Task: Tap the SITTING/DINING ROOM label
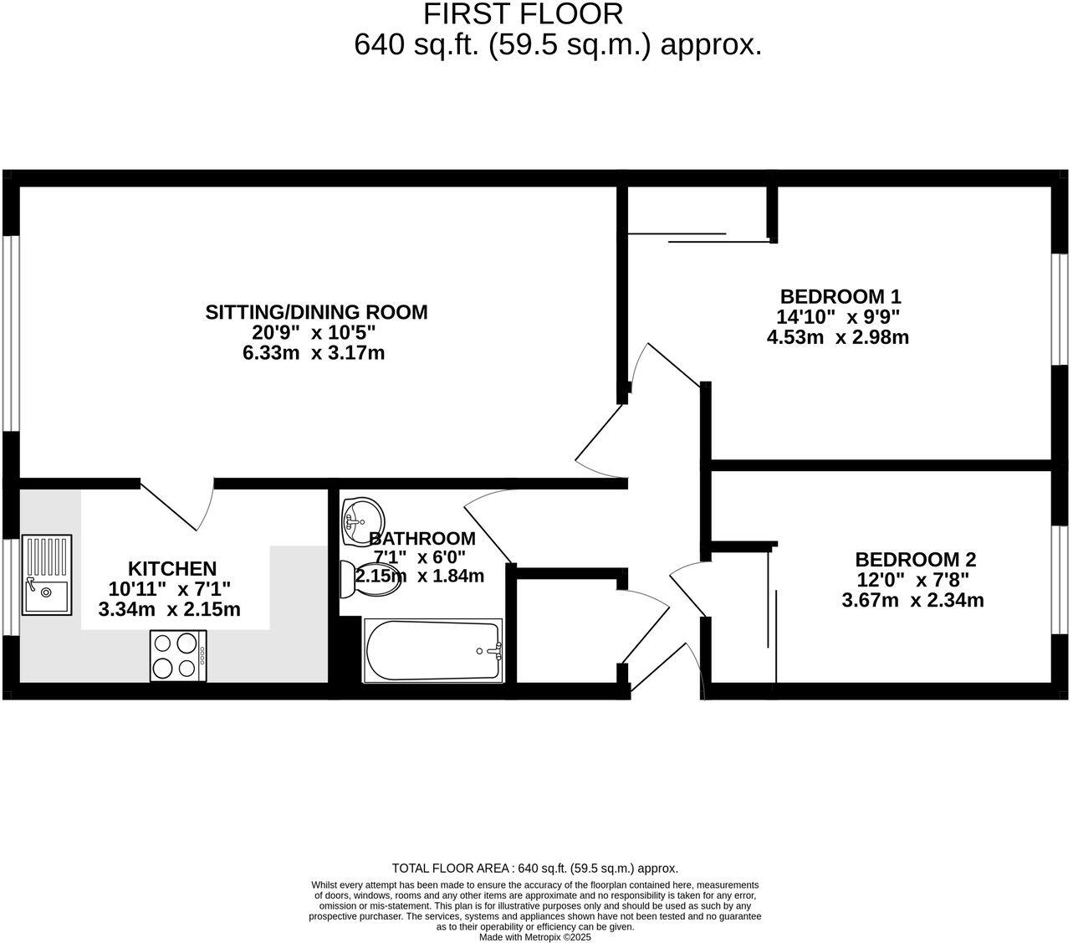[316, 312]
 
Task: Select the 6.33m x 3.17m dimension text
[314, 353]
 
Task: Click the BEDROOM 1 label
[840, 296]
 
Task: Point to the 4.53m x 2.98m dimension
[837, 338]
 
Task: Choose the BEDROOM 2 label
[915, 560]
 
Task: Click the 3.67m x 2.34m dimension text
[912, 600]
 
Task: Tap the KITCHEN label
[171, 568]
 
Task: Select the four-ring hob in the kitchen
[179, 654]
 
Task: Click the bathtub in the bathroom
[433, 650]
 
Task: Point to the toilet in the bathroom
[368, 579]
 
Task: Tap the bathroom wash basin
[361, 514]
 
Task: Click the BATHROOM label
[422, 539]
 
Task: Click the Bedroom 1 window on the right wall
[1060, 310]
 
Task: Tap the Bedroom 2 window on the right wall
[1060, 580]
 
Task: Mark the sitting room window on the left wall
[11, 333]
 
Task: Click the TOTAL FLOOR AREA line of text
[535, 869]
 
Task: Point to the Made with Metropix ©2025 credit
[535, 938]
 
